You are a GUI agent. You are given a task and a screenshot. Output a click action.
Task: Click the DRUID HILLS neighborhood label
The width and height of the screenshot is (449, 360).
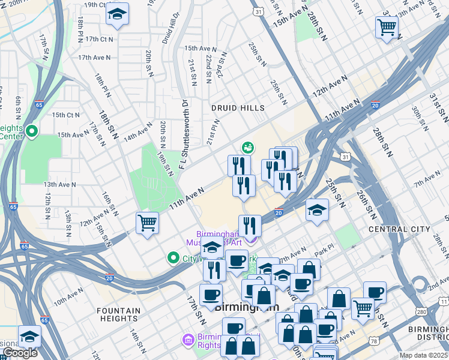click(238, 108)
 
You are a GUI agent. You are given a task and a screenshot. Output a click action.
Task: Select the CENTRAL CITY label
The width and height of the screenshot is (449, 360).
click(399, 229)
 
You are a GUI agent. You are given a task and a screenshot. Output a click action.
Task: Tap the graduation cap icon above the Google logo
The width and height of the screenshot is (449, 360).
click(29, 336)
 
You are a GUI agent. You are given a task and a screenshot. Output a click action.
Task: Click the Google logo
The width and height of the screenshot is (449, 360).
click(20, 353)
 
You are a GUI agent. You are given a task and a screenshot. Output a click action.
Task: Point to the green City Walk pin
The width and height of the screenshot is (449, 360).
click(173, 258)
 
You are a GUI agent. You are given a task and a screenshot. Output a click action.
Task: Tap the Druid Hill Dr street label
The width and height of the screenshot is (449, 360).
click(170, 29)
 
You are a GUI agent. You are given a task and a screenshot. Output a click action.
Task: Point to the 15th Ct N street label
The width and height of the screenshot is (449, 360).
click(65, 115)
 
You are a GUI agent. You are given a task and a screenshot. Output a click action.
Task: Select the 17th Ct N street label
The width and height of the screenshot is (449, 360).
click(99, 39)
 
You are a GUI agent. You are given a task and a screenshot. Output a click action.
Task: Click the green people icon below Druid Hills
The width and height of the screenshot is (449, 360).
click(247, 147)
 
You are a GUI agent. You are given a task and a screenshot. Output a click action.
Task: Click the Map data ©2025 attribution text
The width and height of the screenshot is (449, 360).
click(424, 355)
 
